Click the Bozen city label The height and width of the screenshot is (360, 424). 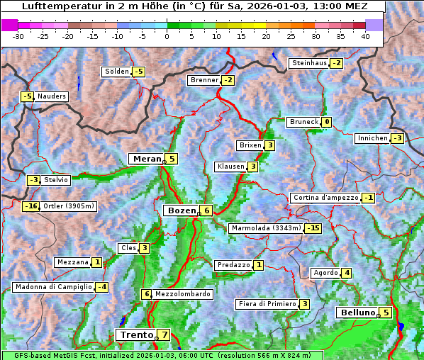pyautogui.click(x=180, y=210)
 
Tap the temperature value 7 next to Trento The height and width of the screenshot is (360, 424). pyautogui.click(x=164, y=335)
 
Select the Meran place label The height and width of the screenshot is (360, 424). pyautogui.click(x=147, y=159)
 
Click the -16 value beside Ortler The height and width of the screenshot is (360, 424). pyautogui.click(x=30, y=206)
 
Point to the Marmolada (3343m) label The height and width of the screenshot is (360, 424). pyautogui.click(x=266, y=228)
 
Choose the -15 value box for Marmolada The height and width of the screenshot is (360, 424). pyautogui.click(x=313, y=228)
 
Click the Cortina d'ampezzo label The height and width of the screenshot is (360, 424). pyautogui.click(x=325, y=198)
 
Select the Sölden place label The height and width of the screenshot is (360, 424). pyautogui.click(x=117, y=72)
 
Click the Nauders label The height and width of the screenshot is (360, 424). pyautogui.click(x=52, y=96)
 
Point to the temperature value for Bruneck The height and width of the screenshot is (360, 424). pyautogui.click(x=326, y=122)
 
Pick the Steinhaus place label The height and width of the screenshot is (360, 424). pyautogui.click(x=309, y=63)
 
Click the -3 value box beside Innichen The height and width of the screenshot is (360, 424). pyautogui.click(x=397, y=138)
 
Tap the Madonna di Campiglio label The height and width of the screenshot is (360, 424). pyautogui.click(x=53, y=287)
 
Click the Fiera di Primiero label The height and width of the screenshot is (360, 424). pyautogui.click(x=267, y=304)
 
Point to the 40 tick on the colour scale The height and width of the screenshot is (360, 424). pyautogui.click(x=365, y=35)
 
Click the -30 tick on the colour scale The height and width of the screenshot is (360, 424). pyautogui.click(x=18, y=35)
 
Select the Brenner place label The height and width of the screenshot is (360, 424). pyautogui.click(x=204, y=80)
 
